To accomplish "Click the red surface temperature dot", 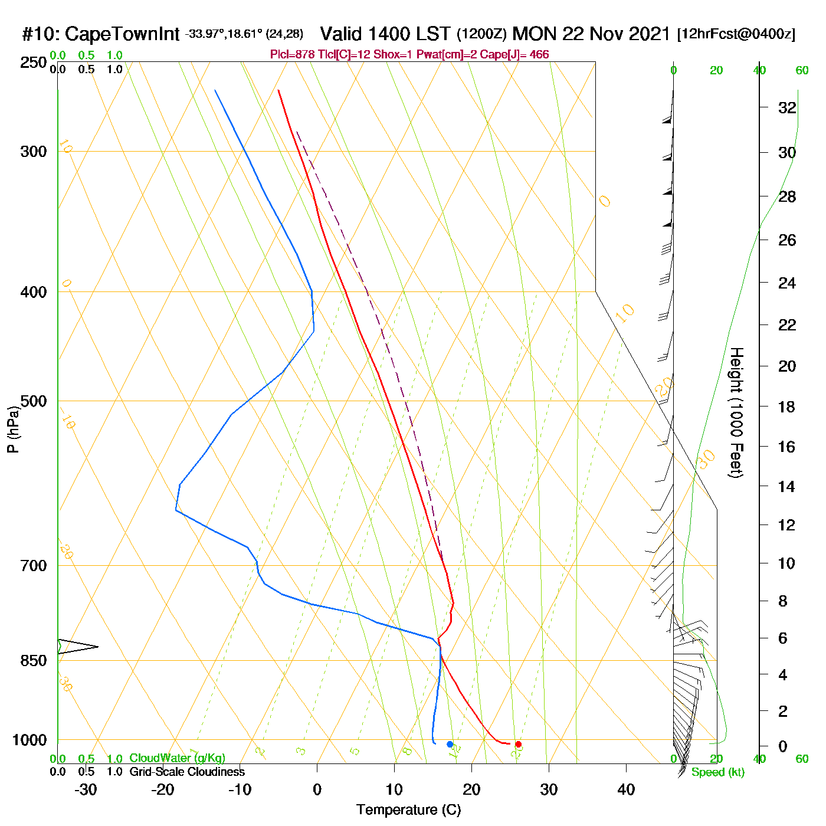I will (x=518, y=745).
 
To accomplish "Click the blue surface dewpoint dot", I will (x=450, y=745).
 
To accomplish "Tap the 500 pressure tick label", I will (x=34, y=401).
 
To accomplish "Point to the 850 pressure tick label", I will (x=34, y=661).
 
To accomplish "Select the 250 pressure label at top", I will (x=34, y=63).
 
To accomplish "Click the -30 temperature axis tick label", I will (x=86, y=789).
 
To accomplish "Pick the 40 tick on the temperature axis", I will (x=626, y=789).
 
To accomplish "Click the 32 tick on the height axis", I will (x=787, y=108).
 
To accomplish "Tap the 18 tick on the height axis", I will (x=787, y=407).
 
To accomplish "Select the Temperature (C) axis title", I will (x=408, y=810).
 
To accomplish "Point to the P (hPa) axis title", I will (x=13, y=430).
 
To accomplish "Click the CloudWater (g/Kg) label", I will (x=177, y=758).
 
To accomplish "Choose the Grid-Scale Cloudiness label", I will (x=187, y=772).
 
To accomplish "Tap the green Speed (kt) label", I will (x=718, y=772).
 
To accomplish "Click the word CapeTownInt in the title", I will (x=122, y=34).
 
